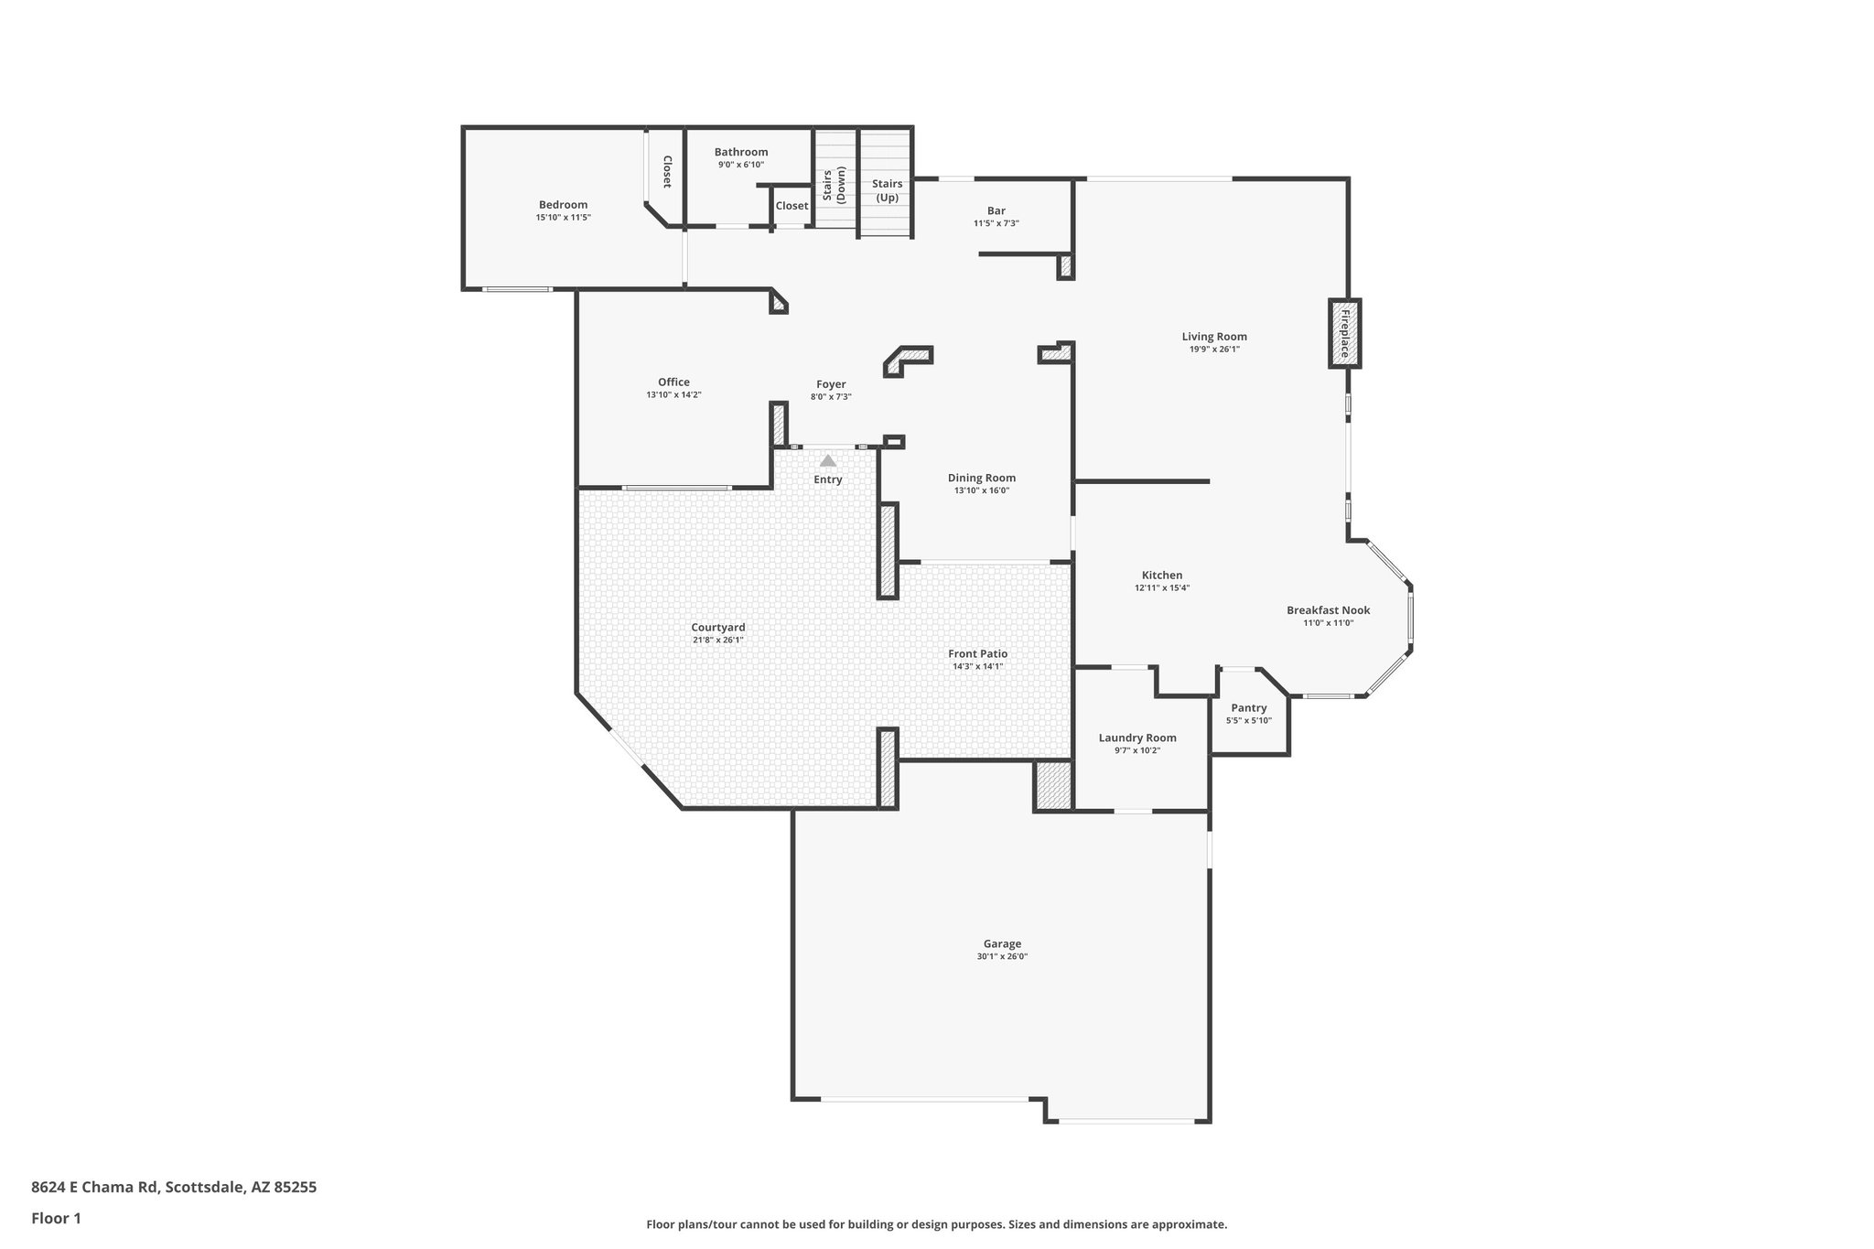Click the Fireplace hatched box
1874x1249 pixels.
(x=1344, y=334)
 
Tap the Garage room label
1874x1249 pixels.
(x=1002, y=943)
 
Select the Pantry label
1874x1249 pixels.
(x=1249, y=707)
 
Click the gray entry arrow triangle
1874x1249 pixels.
(x=828, y=461)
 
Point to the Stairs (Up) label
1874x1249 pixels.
(x=887, y=190)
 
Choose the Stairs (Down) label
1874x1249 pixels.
(x=834, y=184)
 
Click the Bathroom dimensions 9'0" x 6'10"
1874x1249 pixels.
(x=740, y=165)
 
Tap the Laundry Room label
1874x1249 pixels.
(x=1137, y=738)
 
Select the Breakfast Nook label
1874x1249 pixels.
(x=1328, y=610)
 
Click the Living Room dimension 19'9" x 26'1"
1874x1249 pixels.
(x=1214, y=349)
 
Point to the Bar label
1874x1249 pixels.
(x=996, y=210)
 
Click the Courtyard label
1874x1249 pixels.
(x=718, y=627)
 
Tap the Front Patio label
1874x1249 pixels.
(x=977, y=653)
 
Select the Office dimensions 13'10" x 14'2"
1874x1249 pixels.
(x=673, y=395)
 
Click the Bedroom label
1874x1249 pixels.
(x=563, y=205)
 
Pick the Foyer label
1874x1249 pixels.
(x=831, y=384)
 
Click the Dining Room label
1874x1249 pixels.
(x=981, y=478)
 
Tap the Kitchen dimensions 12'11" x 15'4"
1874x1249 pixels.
(x=1162, y=588)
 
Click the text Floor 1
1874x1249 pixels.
(x=56, y=1218)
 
